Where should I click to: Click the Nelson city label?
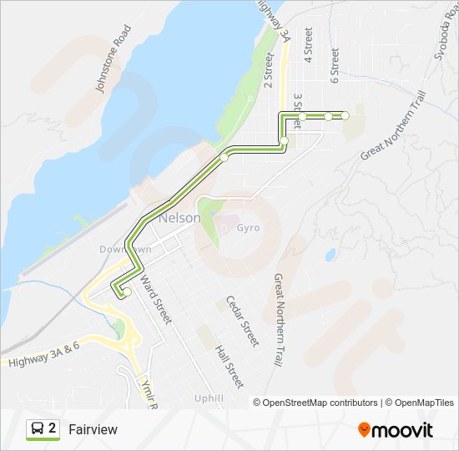(x=179, y=218)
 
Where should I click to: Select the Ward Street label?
(x=155, y=300)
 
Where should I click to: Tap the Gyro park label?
(x=247, y=228)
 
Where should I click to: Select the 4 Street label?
(x=308, y=45)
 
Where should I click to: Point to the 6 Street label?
(x=335, y=65)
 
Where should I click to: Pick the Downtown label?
(x=125, y=250)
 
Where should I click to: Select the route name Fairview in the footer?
(x=93, y=429)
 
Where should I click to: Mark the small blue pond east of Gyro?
(x=331, y=254)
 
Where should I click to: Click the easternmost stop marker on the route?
(x=345, y=115)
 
